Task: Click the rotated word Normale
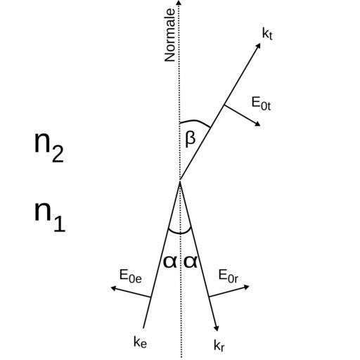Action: click(170, 35)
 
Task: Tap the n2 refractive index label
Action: click(49, 147)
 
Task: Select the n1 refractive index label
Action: click(50, 217)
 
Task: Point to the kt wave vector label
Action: click(267, 34)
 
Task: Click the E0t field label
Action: click(261, 103)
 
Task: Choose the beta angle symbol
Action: click(190, 140)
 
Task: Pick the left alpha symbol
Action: click(170, 262)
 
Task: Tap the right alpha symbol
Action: click(191, 262)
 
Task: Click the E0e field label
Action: click(130, 276)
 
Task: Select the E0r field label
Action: click(229, 276)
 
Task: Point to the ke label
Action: click(140, 342)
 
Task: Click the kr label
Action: click(219, 345)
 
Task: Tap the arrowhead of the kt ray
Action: click(258, 46)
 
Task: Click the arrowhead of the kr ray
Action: click(217, 328)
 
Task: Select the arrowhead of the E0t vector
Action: click(257, 124)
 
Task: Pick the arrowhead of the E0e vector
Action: click(113, 288)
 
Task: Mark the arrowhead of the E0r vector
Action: click(246, 287)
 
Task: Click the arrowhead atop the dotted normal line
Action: click(179, 2)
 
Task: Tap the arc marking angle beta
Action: click(195, 122)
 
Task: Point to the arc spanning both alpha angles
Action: click(180, 233)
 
